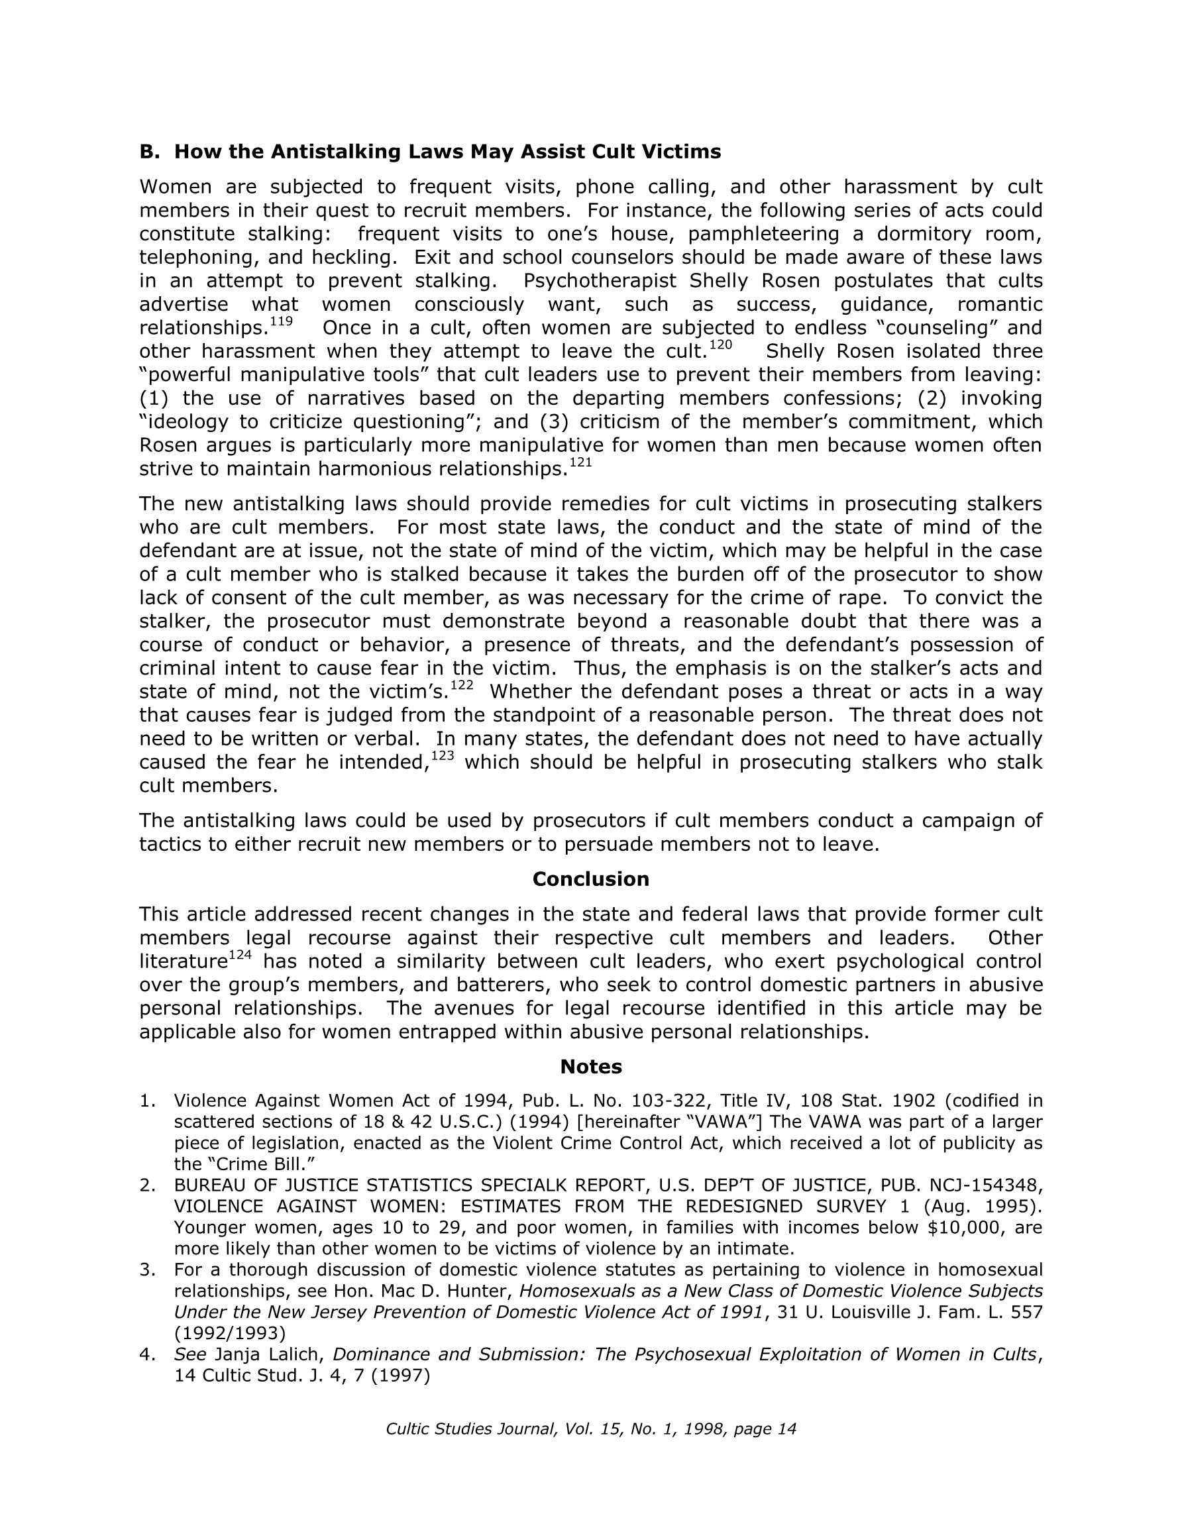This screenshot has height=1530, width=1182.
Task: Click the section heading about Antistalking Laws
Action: [429, 152]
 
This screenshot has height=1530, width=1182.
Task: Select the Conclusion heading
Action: [590, 879]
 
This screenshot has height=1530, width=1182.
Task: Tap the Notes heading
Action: [590, 1067]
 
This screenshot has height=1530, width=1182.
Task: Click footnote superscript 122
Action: [461, 686]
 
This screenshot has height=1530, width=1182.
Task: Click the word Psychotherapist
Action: [600, 281]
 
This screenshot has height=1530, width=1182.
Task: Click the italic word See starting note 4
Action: [190, 1354]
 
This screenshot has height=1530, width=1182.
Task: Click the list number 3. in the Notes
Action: [147, 1270]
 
